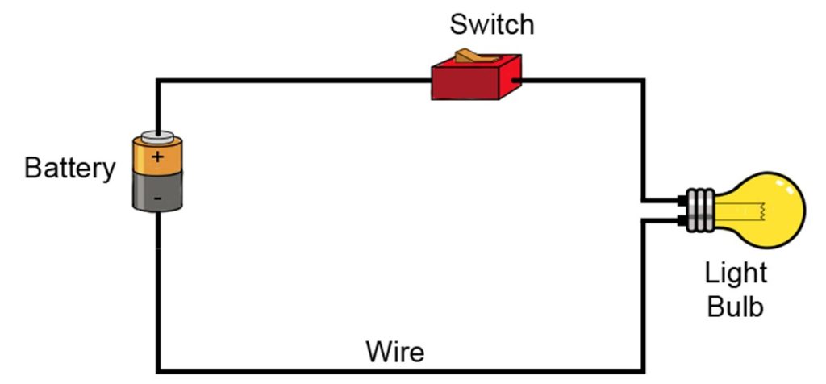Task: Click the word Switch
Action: (x=491, y=24)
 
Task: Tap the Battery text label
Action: (x=70, y=169)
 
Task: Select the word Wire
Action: (x=394, y=352)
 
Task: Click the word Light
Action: (x=736, y=273)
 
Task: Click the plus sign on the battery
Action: (x=157, y=157)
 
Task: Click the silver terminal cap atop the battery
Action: (x=158, y=136)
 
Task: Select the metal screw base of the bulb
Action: (x=699, y=210)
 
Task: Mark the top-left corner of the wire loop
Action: (x=159, y=81)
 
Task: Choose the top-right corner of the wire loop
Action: (x=643, y=81)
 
